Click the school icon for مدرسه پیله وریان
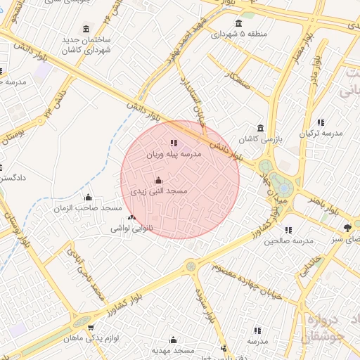click(174, 143)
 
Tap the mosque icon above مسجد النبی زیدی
click(157, 181)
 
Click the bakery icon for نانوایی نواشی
click(132, 218)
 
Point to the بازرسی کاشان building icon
click(261, 128)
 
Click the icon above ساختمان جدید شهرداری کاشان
click(86, 29)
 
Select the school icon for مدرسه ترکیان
click(321, 122)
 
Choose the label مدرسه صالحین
click(288, 240)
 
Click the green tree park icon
click(347, 227)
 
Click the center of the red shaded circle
click(180, 180)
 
